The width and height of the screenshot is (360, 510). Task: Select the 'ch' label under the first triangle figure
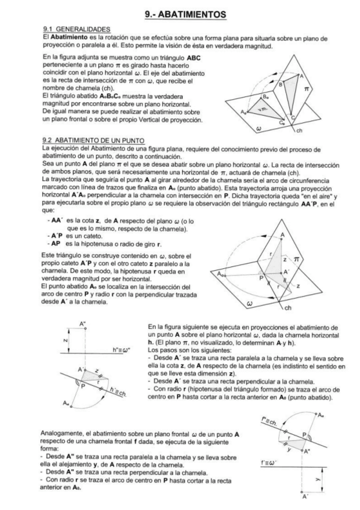pyautogui.click(x=299, y=130)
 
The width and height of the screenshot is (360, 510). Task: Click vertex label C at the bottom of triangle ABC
pyautogui.click(x=292, y=117)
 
